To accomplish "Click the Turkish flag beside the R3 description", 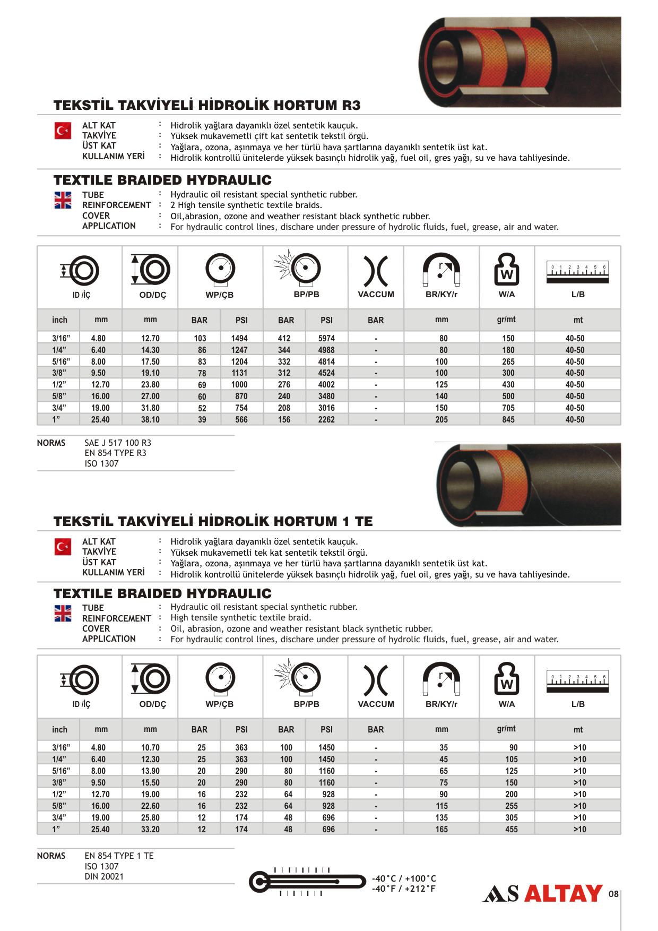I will [x=63, y=131].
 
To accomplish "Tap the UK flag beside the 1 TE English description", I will [x=63, y=613].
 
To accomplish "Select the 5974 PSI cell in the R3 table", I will [x=326, y=338].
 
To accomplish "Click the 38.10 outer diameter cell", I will [x=150, y=419].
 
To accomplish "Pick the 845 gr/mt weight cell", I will [x=508, y=419].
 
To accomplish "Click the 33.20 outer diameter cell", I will [x=150, y=829].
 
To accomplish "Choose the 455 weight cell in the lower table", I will [x=511, y=829].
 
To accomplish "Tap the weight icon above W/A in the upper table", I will [x=506, y=269].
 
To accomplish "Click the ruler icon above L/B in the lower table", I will [x=577, y=682].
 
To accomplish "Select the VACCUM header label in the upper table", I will [x=376, y=295].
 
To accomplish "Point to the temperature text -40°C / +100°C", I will [x=404, y=878].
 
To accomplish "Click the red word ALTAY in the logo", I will [x=563, y=894].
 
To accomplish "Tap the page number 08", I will [x=613, y=894].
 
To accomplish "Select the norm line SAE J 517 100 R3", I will [x=118, y=443].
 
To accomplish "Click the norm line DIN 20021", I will [x=104, y=876].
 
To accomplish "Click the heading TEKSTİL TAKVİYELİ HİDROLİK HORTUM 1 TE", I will [x=213, y=521].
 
